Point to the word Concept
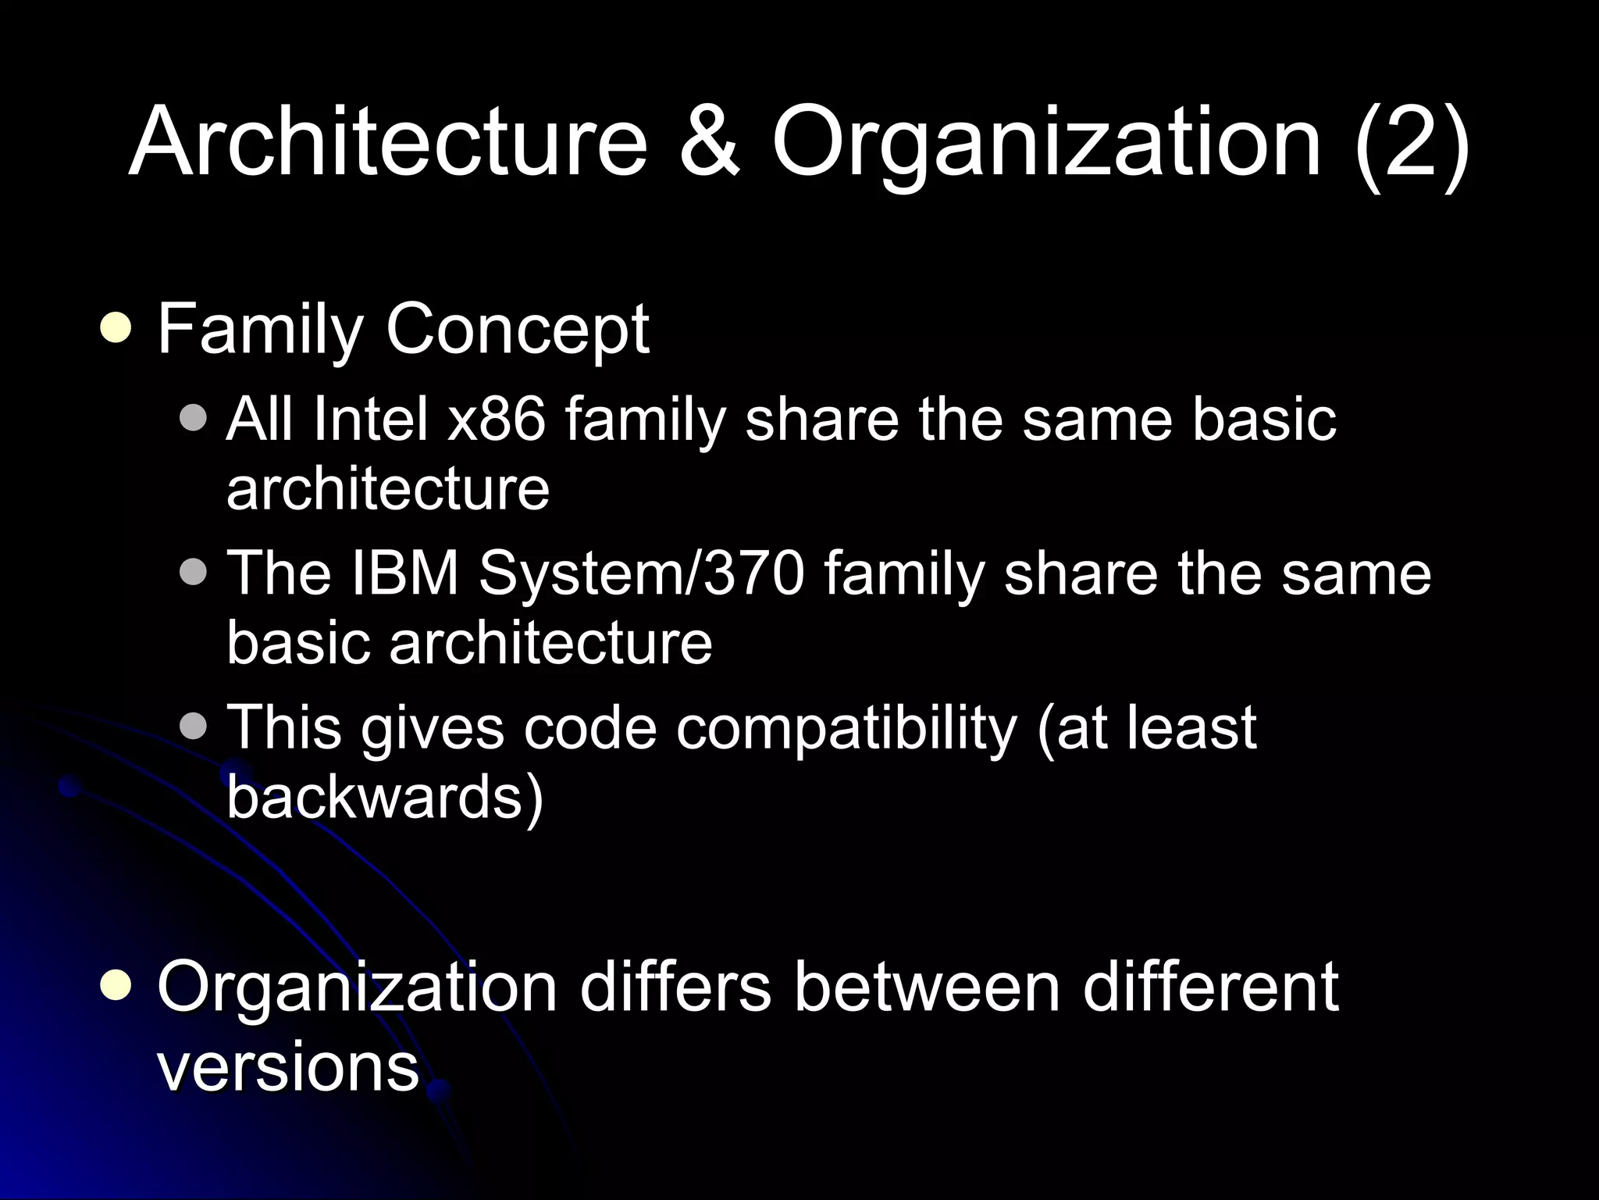pyautogui.click(x=517, y=330)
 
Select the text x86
pyautogui.click(x=497, y=419)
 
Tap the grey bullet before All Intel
pyautogui.click(x=193, y=418)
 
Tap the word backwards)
pyautogui.click(x=384, y=797)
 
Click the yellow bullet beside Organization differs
pyautogui.click(x=116, y=986)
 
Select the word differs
pyautogui.click(x=675, y=987)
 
